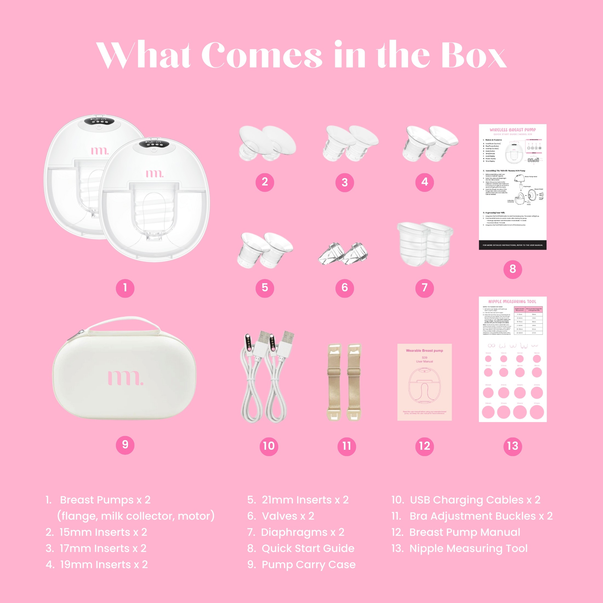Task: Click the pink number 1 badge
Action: [125, 288]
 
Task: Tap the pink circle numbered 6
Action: [345, 288]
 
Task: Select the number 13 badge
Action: [513, 446]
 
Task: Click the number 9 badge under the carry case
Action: [125, 445]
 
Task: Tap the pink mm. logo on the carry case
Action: [126, 378]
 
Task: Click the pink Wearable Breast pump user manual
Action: [425, 382]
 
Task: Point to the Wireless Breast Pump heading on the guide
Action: [513, 130]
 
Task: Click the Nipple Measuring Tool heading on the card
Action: [512, 301]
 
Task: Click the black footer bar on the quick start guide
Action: [513, 245]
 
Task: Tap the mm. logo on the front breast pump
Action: [155, 173]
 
